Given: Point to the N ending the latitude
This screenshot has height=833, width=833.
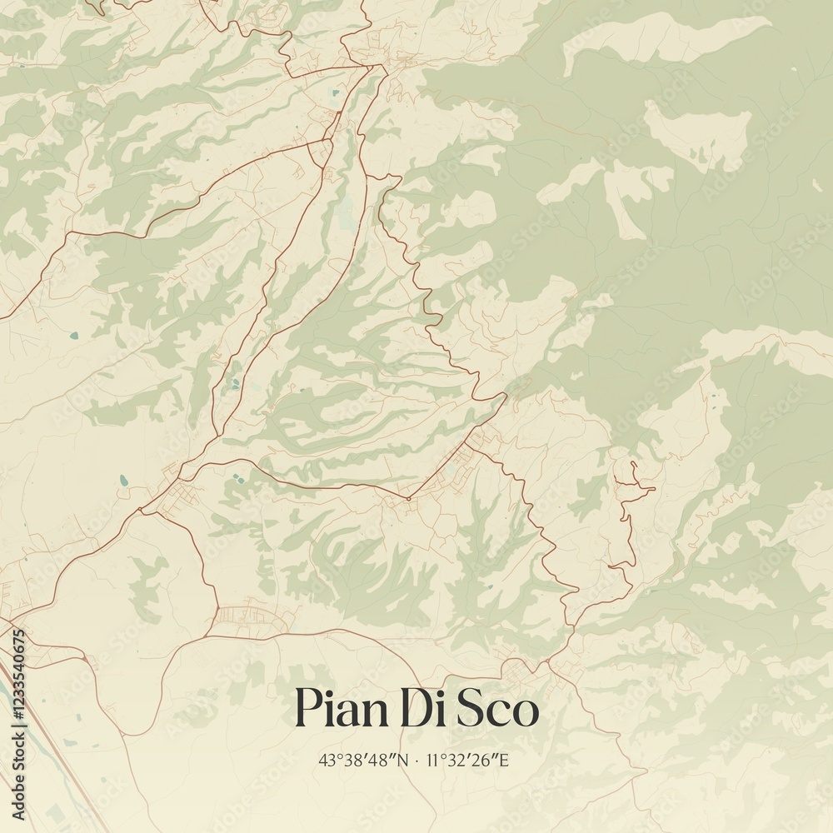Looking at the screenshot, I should [404, 760].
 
